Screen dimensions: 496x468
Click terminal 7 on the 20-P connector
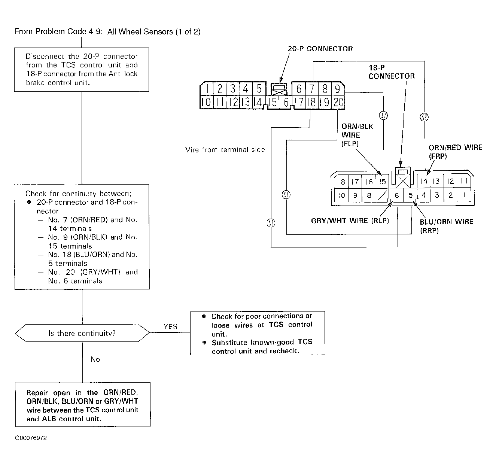point(312,89)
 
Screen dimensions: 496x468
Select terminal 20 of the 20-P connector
point(338,102)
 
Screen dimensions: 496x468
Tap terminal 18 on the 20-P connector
point(312,102)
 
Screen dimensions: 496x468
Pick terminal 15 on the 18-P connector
point(382,182)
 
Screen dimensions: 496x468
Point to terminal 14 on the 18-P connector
point(424,181)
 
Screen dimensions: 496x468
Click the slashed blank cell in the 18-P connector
point(382,195)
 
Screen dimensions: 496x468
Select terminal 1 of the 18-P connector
point(464,195)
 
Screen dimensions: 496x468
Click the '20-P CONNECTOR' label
point(320,49)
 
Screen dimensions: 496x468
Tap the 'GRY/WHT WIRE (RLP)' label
point(350,221)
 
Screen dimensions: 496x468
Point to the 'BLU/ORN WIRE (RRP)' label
point(447,226)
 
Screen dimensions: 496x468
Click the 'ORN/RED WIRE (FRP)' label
point(456,152)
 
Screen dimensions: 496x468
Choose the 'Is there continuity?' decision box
point(82,333)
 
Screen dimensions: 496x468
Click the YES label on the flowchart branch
point(170,326)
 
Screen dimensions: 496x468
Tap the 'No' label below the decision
point(95,359)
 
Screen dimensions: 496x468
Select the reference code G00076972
point(31,438)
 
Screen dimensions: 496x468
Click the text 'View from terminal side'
point(225,150)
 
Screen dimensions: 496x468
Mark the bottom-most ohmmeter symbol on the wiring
point(271,223)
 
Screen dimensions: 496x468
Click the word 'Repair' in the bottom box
point(37,393)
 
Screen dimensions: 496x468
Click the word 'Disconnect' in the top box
point(45,57)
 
